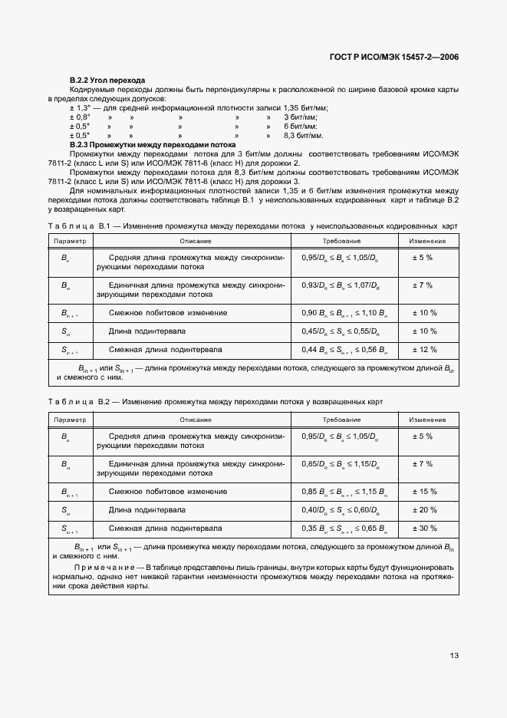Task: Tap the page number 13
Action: pos(454,654)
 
